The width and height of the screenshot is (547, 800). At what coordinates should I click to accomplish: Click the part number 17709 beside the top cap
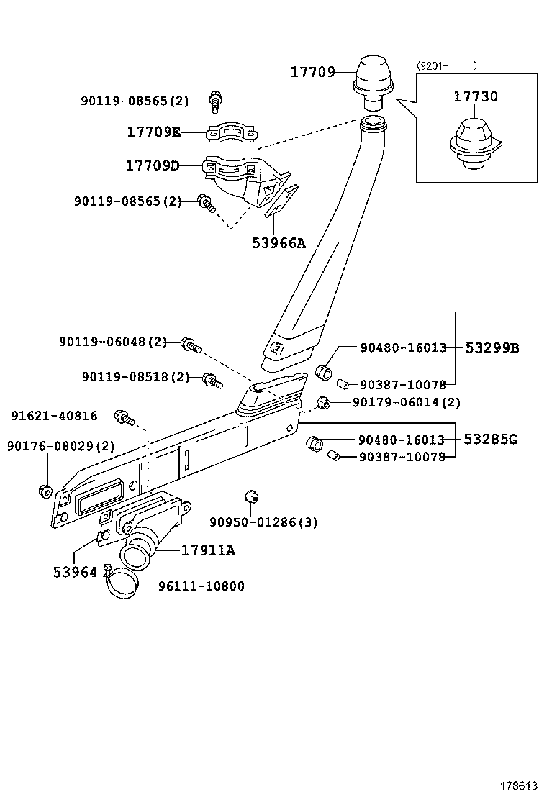[x=312, y=72]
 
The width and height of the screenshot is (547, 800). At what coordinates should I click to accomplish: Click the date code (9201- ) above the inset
[x=446, y=65]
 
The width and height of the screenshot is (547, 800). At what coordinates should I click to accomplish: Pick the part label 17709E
[x=154, y=132]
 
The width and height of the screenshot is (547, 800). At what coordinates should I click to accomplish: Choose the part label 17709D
[x=153, y=166]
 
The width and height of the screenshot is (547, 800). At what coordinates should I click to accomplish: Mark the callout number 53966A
[x=279, y=243]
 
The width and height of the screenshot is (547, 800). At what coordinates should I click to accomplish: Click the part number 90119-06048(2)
[x=113, y=342]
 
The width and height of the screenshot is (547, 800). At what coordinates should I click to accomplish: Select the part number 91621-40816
[x=54, y=416]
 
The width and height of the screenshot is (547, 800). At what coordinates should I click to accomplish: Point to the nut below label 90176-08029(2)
[x=44, y=491]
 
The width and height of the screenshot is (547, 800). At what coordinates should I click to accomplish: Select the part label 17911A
[x=208, y=550]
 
